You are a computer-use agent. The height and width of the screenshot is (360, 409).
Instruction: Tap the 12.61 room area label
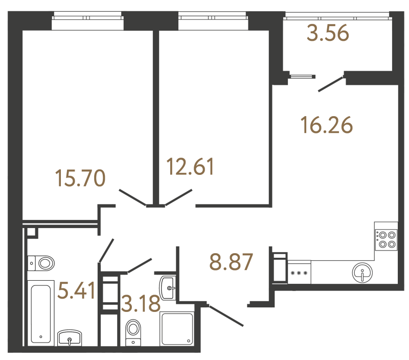tap(191, 167)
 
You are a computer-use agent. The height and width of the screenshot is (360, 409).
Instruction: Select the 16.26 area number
tap(327, 125)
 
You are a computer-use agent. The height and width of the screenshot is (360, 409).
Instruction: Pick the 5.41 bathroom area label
tap(77, 291)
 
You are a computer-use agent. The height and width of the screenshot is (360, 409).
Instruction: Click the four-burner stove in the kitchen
tap(386, 239)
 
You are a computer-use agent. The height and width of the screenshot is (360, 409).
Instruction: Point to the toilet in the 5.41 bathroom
tap(43, 264)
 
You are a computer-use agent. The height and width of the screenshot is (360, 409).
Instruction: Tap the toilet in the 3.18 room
tap(133, 328)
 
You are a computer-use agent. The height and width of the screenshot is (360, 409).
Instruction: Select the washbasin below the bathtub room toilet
tap(69, 337)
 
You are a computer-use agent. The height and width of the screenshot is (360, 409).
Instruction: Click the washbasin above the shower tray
tap(168, 288)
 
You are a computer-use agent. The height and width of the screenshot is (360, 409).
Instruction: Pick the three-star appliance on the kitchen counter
tap(299, 273)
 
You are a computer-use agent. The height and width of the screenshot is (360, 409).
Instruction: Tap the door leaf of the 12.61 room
tap(178, 197)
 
